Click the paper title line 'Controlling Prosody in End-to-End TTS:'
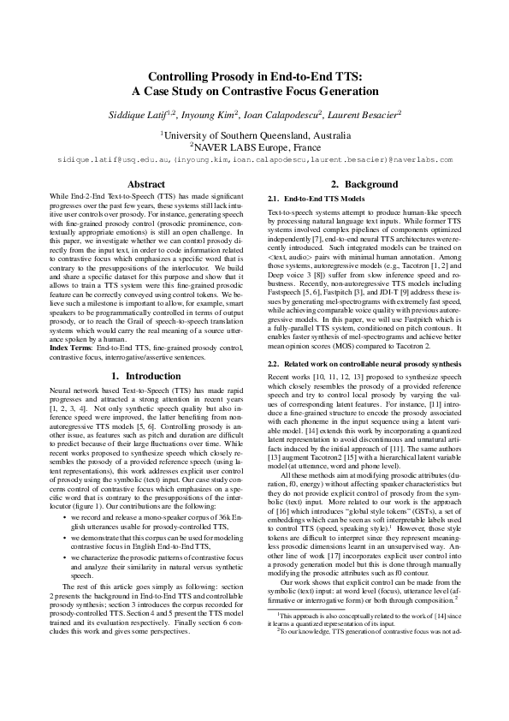pyautogui.click(x=254, y=76)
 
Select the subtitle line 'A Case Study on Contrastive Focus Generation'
pyautogui.click(x=254, y=92)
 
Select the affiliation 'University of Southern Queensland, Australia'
pyautogui.click(x=255, y=135)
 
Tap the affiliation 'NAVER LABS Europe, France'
pyautogui.click(x=255, y=146)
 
